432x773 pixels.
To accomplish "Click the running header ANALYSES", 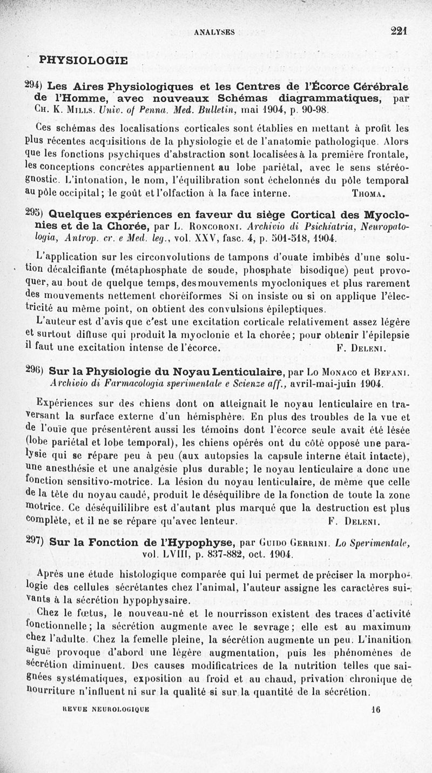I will pos(214,32).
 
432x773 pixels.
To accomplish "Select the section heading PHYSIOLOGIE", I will pos(83,60).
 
